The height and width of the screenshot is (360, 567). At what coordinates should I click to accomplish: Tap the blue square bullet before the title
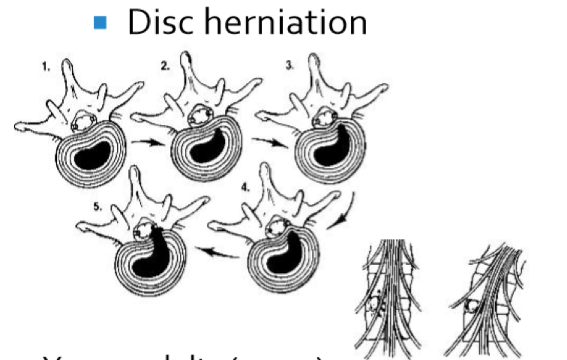tap(100, 23)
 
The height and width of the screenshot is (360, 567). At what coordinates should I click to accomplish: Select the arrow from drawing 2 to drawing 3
tap(266, 140)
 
